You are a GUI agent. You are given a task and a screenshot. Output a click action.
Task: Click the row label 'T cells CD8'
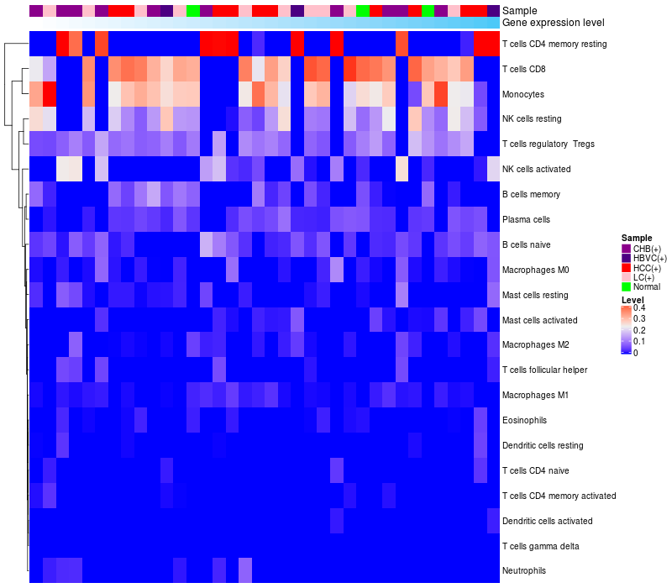tap(523, 69)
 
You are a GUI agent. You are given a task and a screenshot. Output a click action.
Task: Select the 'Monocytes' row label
tap(523, 94)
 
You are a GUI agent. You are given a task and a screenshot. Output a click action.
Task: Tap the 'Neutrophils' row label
tap(524, 570)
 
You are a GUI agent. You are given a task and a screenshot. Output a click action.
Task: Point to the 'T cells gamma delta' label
tap(541, 546)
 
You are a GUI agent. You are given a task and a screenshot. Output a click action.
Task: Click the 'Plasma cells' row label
tap(526, 219)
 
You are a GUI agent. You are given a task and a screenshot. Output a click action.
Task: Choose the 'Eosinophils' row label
tap(524, 420)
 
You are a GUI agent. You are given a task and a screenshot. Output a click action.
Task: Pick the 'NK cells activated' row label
tap(537, 169)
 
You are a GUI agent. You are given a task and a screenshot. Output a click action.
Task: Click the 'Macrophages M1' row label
tap(535, 395)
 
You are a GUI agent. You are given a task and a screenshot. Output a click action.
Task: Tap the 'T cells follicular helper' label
tap(544, 370)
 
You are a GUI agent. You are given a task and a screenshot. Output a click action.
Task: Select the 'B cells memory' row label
tap(532, 194)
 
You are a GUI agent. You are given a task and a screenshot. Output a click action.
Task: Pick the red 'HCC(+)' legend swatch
tap(626, 268)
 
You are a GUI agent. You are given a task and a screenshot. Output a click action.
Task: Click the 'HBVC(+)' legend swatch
tap(626, 258)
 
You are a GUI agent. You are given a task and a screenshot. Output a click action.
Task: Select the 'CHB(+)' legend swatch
tap(626, 249)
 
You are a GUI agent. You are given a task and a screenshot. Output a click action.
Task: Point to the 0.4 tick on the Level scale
tap(639, 307)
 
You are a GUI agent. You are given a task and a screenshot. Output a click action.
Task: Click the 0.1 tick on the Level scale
tap(639, 341)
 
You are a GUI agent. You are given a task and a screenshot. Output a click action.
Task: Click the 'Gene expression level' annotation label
tap(554, 23)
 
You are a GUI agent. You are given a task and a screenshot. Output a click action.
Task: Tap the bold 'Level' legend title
tap(633, 300)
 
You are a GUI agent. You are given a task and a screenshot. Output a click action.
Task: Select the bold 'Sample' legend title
tap(637, 238)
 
